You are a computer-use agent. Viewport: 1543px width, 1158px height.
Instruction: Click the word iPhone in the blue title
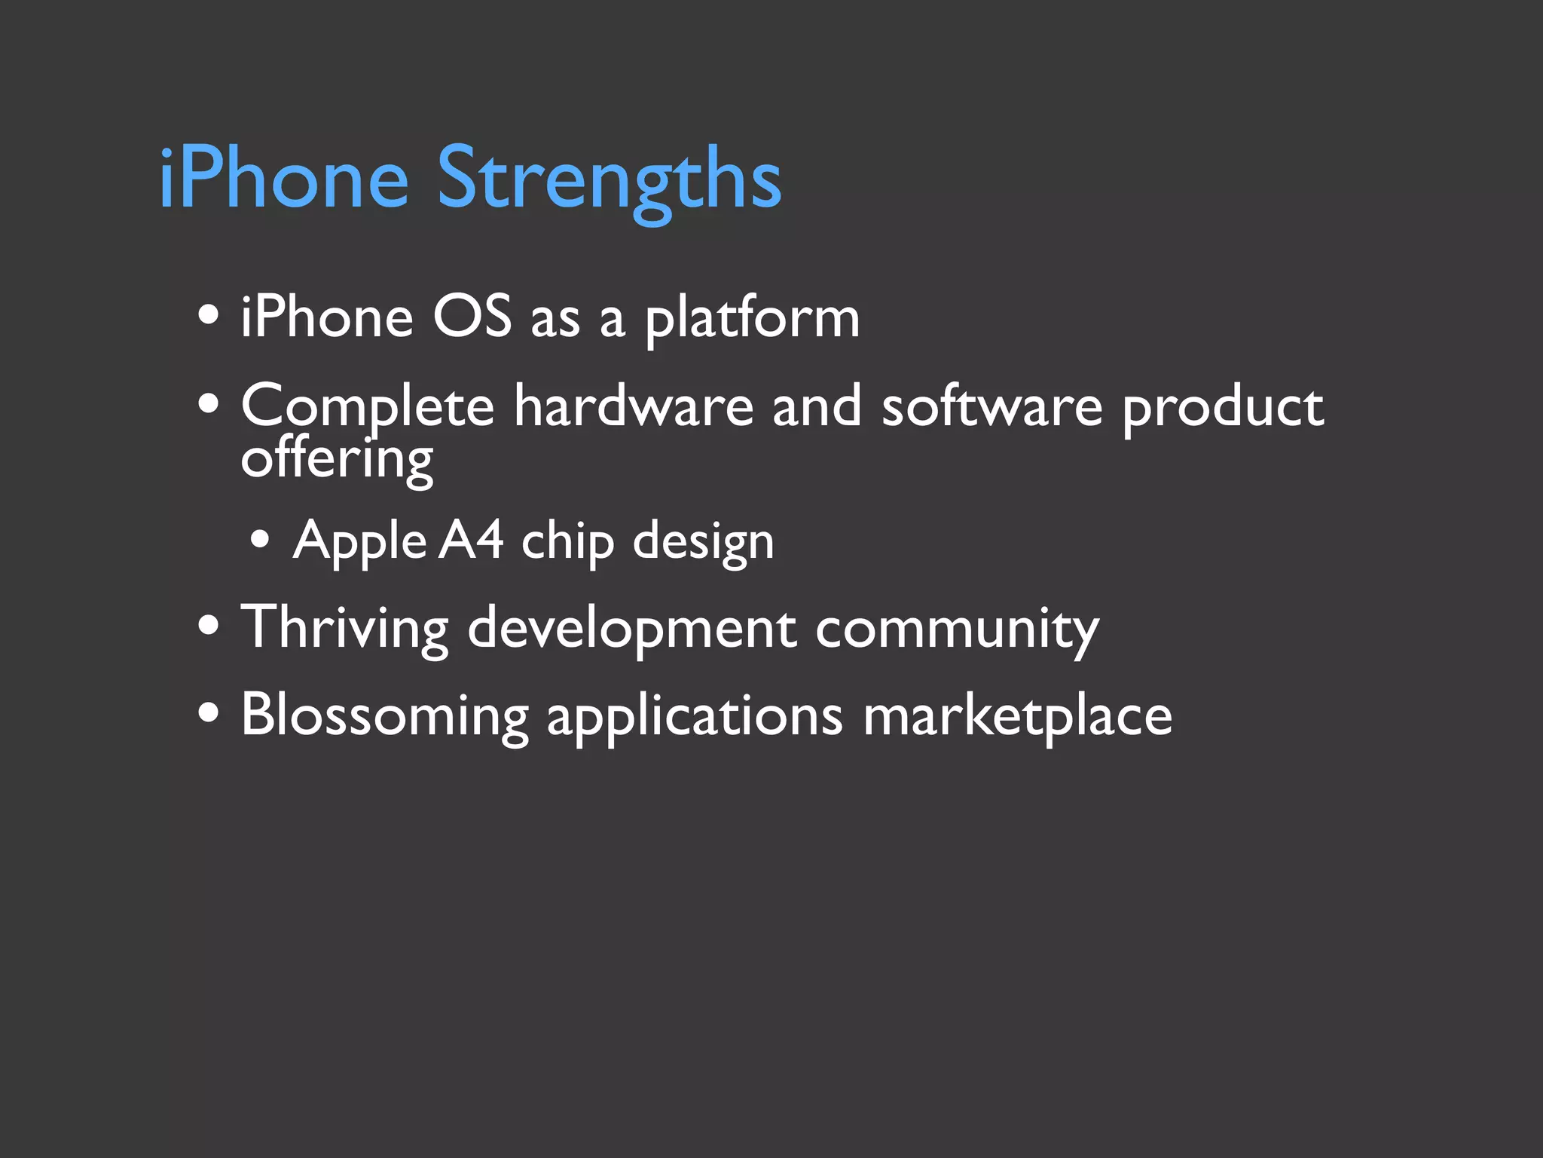click(x=283, y=179)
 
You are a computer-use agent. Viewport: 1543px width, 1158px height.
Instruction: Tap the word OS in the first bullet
click(x=472, y=317)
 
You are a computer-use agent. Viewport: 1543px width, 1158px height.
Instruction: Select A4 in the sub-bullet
click(x=471, y=541)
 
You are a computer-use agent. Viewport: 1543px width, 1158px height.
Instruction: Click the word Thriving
click(x=344, y=628)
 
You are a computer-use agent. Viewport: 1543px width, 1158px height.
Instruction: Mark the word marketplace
click(x=1017, y=716)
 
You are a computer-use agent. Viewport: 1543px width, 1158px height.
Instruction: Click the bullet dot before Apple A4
click(x=261, y=540)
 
